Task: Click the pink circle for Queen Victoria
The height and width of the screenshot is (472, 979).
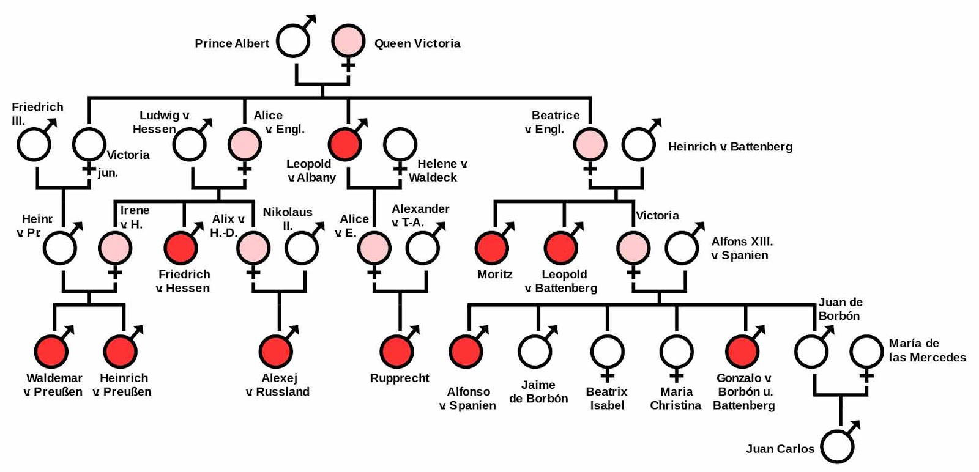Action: click(348, 40)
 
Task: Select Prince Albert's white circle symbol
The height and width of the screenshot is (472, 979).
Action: click(293, 41)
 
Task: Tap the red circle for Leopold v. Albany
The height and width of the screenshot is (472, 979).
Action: click(345, 144)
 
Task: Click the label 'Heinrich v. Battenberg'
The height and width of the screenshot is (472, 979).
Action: click(730, 147)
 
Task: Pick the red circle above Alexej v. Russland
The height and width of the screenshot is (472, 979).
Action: click(276, 351)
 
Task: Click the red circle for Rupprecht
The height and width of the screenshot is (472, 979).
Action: click(396, 351)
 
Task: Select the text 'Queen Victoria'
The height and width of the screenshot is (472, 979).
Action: click(417, 43)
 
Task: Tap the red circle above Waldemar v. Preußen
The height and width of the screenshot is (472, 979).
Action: click(51, 351)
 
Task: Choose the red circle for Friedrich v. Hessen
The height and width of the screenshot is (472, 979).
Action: click(181, 248)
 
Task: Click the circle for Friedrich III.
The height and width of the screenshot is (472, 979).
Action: click(34, 144)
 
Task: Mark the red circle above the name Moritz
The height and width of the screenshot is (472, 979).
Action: click(492, 248)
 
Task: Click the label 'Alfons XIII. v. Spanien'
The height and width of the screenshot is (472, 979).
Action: click(742, 248)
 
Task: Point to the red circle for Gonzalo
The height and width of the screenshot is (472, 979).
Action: click(742, 351)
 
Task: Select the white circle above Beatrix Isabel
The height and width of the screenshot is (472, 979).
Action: click(607, 351)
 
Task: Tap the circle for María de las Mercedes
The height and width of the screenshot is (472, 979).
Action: click(866, 352)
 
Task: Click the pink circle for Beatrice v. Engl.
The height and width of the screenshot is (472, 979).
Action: click(590, 144)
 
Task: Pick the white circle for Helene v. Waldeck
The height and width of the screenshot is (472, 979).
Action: click(400, 144)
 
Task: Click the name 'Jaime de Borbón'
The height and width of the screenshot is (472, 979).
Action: click(538, 391)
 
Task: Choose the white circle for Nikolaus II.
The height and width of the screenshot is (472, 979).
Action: click(302, 248)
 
